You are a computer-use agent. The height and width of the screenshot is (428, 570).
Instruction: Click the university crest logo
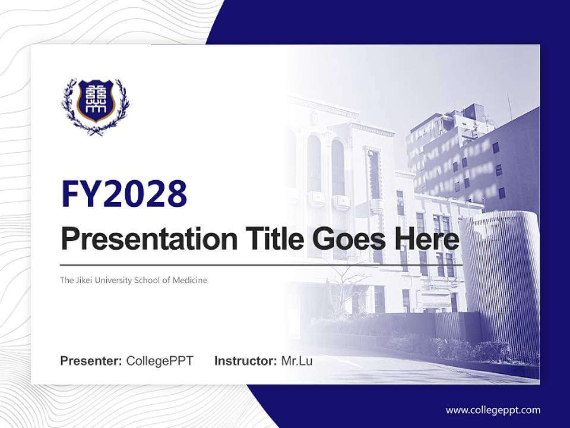pyautogui.click(x=95, y=106)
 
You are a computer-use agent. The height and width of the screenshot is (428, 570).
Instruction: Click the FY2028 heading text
pyautogui.click(x=124, y=194)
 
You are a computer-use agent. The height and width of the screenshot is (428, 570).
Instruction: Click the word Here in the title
pyautogui.click(x=426, y=240)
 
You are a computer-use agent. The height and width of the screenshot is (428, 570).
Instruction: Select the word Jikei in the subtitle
pyautogui.click(x=84, y=280)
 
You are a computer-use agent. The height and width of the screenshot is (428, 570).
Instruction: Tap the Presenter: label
pyautogui.click(x=91, y=361)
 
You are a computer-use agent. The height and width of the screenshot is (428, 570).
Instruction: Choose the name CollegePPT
pyautogui.click(x=160, y=361)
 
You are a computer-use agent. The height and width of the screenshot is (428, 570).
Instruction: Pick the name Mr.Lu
pyautogui.click(x=297, y=361)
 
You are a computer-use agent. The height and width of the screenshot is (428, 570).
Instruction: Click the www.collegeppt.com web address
pyautogui.click(x=493, y=410)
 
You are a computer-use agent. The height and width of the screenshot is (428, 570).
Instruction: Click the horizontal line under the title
pyautogui.click(x=261, y=265)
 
